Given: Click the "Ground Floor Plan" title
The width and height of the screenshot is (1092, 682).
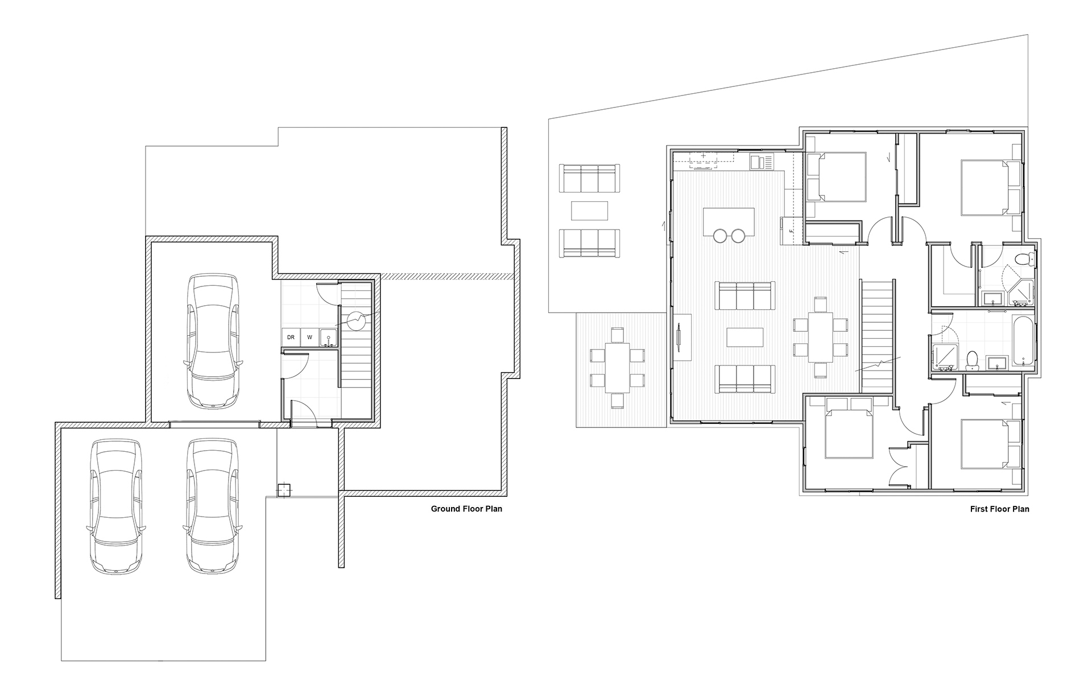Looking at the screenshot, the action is coord(466,509).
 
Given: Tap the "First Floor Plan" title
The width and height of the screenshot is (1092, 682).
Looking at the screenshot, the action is coord(999,509).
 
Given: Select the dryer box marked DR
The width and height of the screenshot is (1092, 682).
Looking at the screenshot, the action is coord(291,337).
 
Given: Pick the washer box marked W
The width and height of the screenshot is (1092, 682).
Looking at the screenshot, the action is coord(309,337).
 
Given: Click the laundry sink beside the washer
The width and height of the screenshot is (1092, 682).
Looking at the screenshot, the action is coord(328,337).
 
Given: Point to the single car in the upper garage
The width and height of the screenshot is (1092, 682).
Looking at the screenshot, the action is coord(213,342).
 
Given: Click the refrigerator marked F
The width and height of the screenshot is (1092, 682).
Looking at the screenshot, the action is coord(790,231).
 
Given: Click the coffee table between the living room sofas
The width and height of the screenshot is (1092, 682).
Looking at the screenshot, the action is coord(744,336).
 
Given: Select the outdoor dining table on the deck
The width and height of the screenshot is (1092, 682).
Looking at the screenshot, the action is coord(617,367).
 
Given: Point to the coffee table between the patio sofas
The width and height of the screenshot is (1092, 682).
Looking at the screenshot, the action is coord(589,210).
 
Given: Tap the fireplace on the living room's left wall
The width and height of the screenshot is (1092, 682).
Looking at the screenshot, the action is coord(682,337).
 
